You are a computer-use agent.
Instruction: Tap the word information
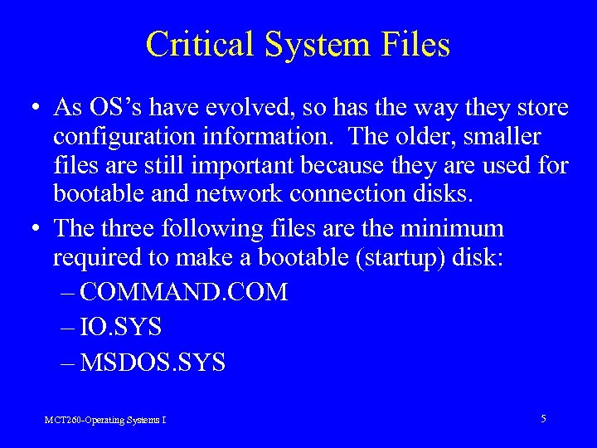tap(266, 137)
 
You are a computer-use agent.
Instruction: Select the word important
tap(248, 166)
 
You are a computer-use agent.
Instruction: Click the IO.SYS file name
tap(122, 328)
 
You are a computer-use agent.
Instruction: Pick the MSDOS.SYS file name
tap(153, 363)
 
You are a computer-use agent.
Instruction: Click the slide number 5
tap(543, 419)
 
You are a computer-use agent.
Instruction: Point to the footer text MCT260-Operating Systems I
tap(105, 421)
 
